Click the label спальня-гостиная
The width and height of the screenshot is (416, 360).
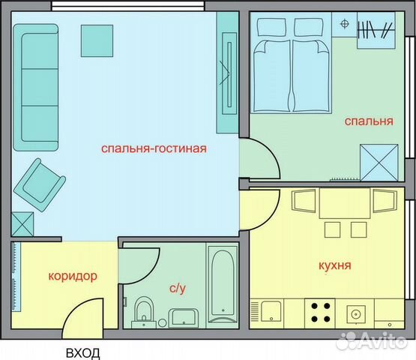point(154,148)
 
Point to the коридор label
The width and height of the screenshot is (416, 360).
point(72,276)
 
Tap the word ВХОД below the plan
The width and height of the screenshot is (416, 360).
point(82,352)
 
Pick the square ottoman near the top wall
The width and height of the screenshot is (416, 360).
point(97,40)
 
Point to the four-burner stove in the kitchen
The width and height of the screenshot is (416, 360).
point(322,311)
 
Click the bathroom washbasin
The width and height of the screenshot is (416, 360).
point(182,316)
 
